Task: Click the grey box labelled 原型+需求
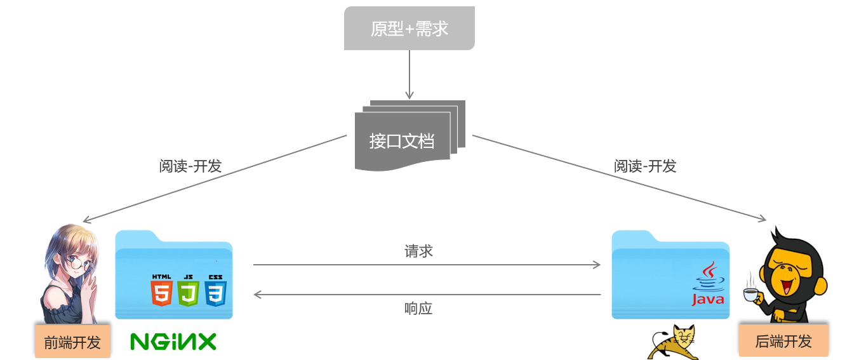pos(409,29)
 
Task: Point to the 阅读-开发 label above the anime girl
pos(190,166)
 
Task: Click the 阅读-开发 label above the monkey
pos(645,166)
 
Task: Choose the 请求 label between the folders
pos(418,251)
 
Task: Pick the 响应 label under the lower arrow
pos(418,309)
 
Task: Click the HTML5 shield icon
pos(161,292)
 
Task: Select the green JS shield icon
pos(189,292)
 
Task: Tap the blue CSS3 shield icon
pos(216,292)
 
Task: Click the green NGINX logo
pos(173,342)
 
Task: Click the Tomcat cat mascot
pos(673,343)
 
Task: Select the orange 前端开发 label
pos(72,343)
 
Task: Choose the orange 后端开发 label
pos(783,341)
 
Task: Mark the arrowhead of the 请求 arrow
pos(597,265)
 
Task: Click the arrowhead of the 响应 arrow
pos(258,295)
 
